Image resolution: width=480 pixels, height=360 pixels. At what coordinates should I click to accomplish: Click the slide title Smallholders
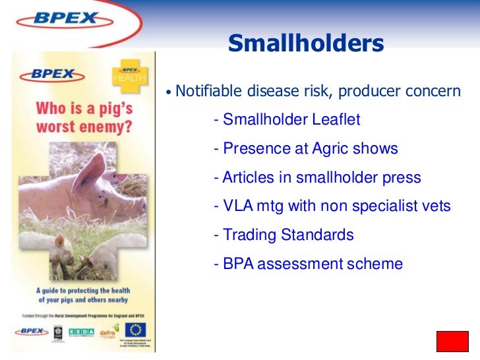click(x=305, y=44)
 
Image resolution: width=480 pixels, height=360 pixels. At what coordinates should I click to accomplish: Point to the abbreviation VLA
click(x=238, y=206)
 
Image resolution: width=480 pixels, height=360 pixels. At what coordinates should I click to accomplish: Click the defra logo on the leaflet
click(x=108, y=331)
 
